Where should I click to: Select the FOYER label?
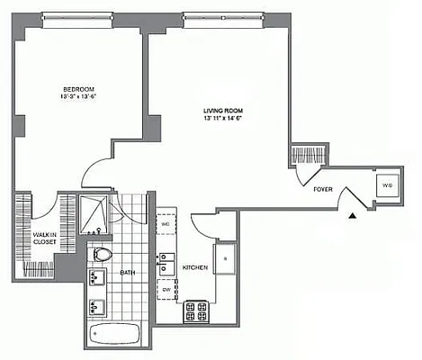[x=324, y=190]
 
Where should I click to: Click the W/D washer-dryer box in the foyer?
[x=387, y=185]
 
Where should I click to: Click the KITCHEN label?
[x=196, y=267]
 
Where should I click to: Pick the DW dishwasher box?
[x=166, y=290]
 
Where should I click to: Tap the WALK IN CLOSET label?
[x=33, y=238]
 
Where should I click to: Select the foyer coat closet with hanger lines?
[x=305, y=154]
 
